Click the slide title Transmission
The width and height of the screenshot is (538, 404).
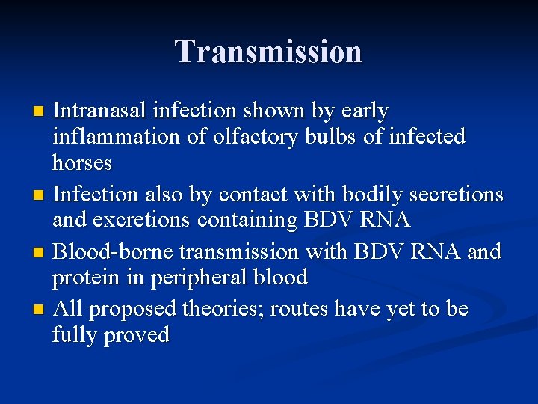tap(268, 52)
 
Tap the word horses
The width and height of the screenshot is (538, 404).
tap(82, 163)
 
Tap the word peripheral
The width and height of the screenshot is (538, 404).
tap(197, 278)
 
